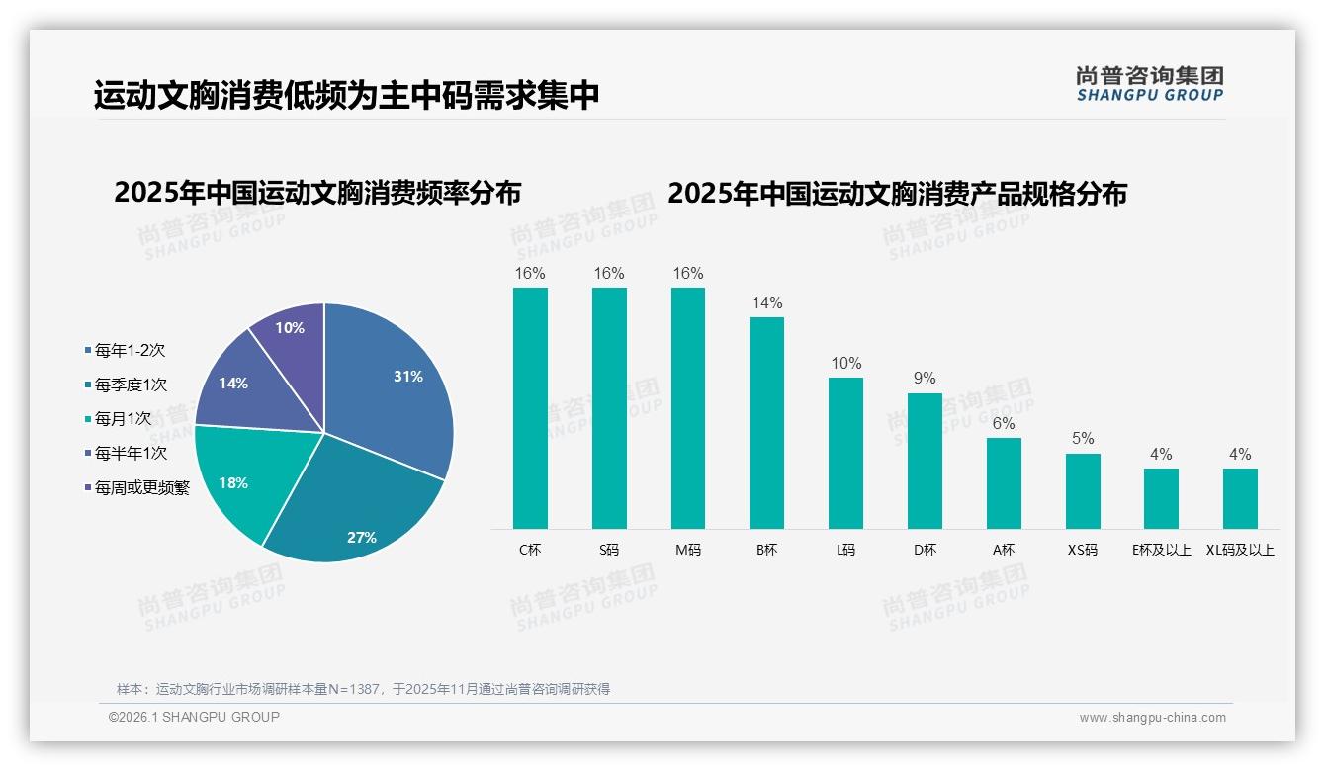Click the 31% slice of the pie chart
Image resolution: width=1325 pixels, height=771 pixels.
pos(396,385)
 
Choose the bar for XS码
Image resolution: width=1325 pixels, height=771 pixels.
pos(1083,490)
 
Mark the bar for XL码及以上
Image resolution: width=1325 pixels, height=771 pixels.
pos(1240,498)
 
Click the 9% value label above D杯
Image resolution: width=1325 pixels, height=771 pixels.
pos(925,379)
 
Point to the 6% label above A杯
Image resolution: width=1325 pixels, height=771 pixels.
pos(1004,423)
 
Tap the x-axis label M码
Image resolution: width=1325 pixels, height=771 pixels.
pos(688,550)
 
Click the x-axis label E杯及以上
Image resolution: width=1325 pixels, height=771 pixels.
pos(1161,550)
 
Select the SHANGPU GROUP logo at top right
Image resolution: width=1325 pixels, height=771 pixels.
pos(1149,84)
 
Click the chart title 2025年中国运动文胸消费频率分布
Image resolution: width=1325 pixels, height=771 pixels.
pos(317,193)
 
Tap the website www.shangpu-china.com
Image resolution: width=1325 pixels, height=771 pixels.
pos(1152,718)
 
